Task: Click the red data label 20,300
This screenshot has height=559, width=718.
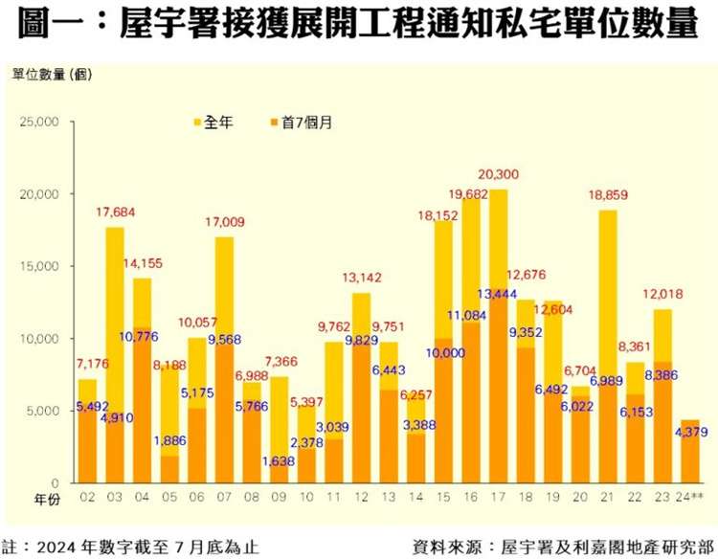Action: tap(498, 173)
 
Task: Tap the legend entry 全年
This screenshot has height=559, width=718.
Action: tap(218, 123)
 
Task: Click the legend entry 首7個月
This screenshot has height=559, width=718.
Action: tap(306, 123)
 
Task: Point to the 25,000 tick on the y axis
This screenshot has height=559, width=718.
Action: tap(40, 123)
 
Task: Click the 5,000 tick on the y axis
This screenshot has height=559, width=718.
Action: tap(43, 411)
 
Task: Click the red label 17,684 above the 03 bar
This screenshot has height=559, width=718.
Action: tap(115, 211)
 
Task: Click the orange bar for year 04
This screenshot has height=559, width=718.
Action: tap(142, 412)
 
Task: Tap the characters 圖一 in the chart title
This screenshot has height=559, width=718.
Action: tap(56, 26)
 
